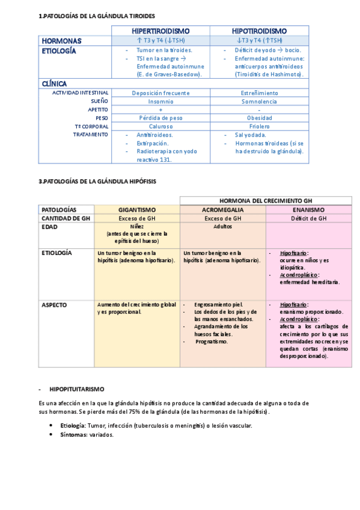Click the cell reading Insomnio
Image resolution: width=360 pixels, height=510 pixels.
pos(160,102)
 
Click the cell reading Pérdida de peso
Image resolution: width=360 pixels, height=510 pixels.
pos(160,118)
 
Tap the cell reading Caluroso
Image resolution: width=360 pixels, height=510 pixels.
pos(160,127)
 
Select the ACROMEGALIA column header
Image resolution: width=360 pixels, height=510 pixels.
pos(222,210)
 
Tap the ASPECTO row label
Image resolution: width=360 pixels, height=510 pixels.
pos(54,305)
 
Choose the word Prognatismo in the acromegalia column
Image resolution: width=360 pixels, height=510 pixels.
pos(212,341)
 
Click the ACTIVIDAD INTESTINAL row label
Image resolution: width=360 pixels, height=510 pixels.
pos(81,93)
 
